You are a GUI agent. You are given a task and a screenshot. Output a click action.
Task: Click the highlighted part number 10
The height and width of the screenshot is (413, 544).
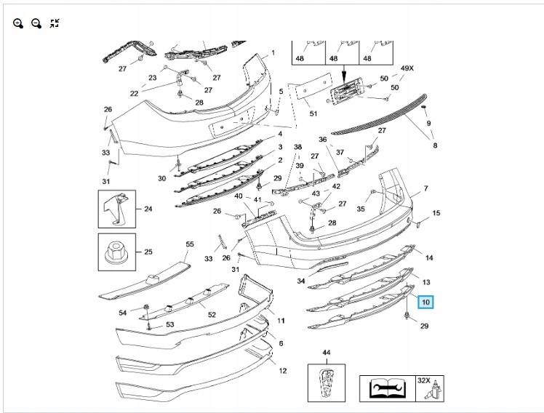coord(425,300)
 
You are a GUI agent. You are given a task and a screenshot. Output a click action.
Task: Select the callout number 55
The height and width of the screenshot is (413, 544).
coord(190,245)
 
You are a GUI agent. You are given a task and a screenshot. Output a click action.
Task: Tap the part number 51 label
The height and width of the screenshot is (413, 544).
coord(313,113)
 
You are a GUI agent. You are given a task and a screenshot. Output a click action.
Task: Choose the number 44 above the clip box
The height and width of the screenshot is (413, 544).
coord(326,353)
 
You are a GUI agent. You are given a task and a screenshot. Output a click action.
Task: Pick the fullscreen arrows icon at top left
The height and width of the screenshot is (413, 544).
coord(55,23)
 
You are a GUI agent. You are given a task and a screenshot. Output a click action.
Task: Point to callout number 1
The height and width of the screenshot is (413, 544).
coord(273,52)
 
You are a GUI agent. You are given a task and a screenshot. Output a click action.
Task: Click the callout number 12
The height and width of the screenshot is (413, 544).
coord(282,371)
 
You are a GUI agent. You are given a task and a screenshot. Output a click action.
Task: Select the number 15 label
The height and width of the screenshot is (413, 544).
coord(436,213)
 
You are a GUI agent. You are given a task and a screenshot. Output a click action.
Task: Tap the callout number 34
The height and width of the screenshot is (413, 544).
coord(301,281)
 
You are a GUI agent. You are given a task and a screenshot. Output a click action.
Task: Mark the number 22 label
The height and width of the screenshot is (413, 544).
coord(134,93)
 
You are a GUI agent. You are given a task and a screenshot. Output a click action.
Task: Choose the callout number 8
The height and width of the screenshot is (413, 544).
coord(435,146)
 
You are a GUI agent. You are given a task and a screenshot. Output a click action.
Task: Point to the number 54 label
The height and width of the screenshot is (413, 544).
coord(123,313)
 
